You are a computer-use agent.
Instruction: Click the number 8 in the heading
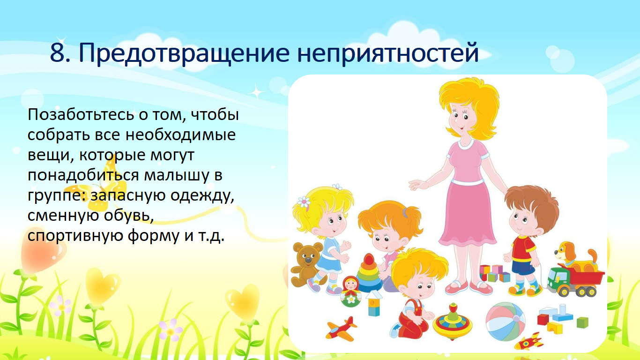(x=58, y=53)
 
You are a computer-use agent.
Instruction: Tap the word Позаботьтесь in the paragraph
(x=81, y=115)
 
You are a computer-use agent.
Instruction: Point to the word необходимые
(x=180, y=135)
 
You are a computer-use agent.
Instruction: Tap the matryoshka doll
(x=351, y=292)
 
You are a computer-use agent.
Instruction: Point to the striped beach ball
(x=506, y=322)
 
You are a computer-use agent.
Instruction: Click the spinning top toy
(x=452, y=322)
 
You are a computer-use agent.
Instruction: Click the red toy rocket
(x=530, y=341)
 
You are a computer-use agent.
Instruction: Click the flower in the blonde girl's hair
(x=304, y=202)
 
